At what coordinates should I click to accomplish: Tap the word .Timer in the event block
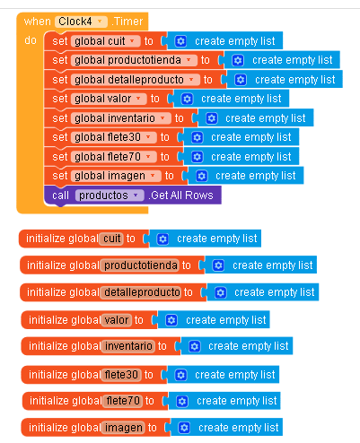coord(127,22)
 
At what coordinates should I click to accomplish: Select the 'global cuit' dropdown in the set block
coord(106,41)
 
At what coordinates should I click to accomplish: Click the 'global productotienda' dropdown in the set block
coord(134,60)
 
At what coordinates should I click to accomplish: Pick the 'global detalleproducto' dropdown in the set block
coord(136,80)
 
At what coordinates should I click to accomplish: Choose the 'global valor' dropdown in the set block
coord(109,99)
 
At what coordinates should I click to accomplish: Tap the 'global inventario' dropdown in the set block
coord(121,118)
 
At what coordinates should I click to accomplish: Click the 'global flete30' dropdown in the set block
coord(114,137)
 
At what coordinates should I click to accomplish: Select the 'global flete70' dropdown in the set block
coord(114,157)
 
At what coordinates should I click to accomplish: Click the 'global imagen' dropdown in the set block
coord(116,176)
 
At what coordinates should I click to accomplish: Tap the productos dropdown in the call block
coord(110,195)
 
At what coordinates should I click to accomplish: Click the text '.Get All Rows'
coord(182,195)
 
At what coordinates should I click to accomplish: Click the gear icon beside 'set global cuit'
coord(180,41)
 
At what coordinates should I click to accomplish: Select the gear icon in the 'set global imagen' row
coord(201,176)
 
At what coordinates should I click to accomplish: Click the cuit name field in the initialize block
coord(112,239)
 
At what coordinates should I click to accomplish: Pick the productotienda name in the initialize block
coord(141,265)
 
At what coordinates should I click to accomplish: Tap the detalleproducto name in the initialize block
coord(142,292)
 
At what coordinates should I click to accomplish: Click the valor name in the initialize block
coord(117,320)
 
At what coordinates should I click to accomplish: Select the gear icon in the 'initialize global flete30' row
coord(180,375)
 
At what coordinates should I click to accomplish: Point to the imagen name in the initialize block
coord(124,428)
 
